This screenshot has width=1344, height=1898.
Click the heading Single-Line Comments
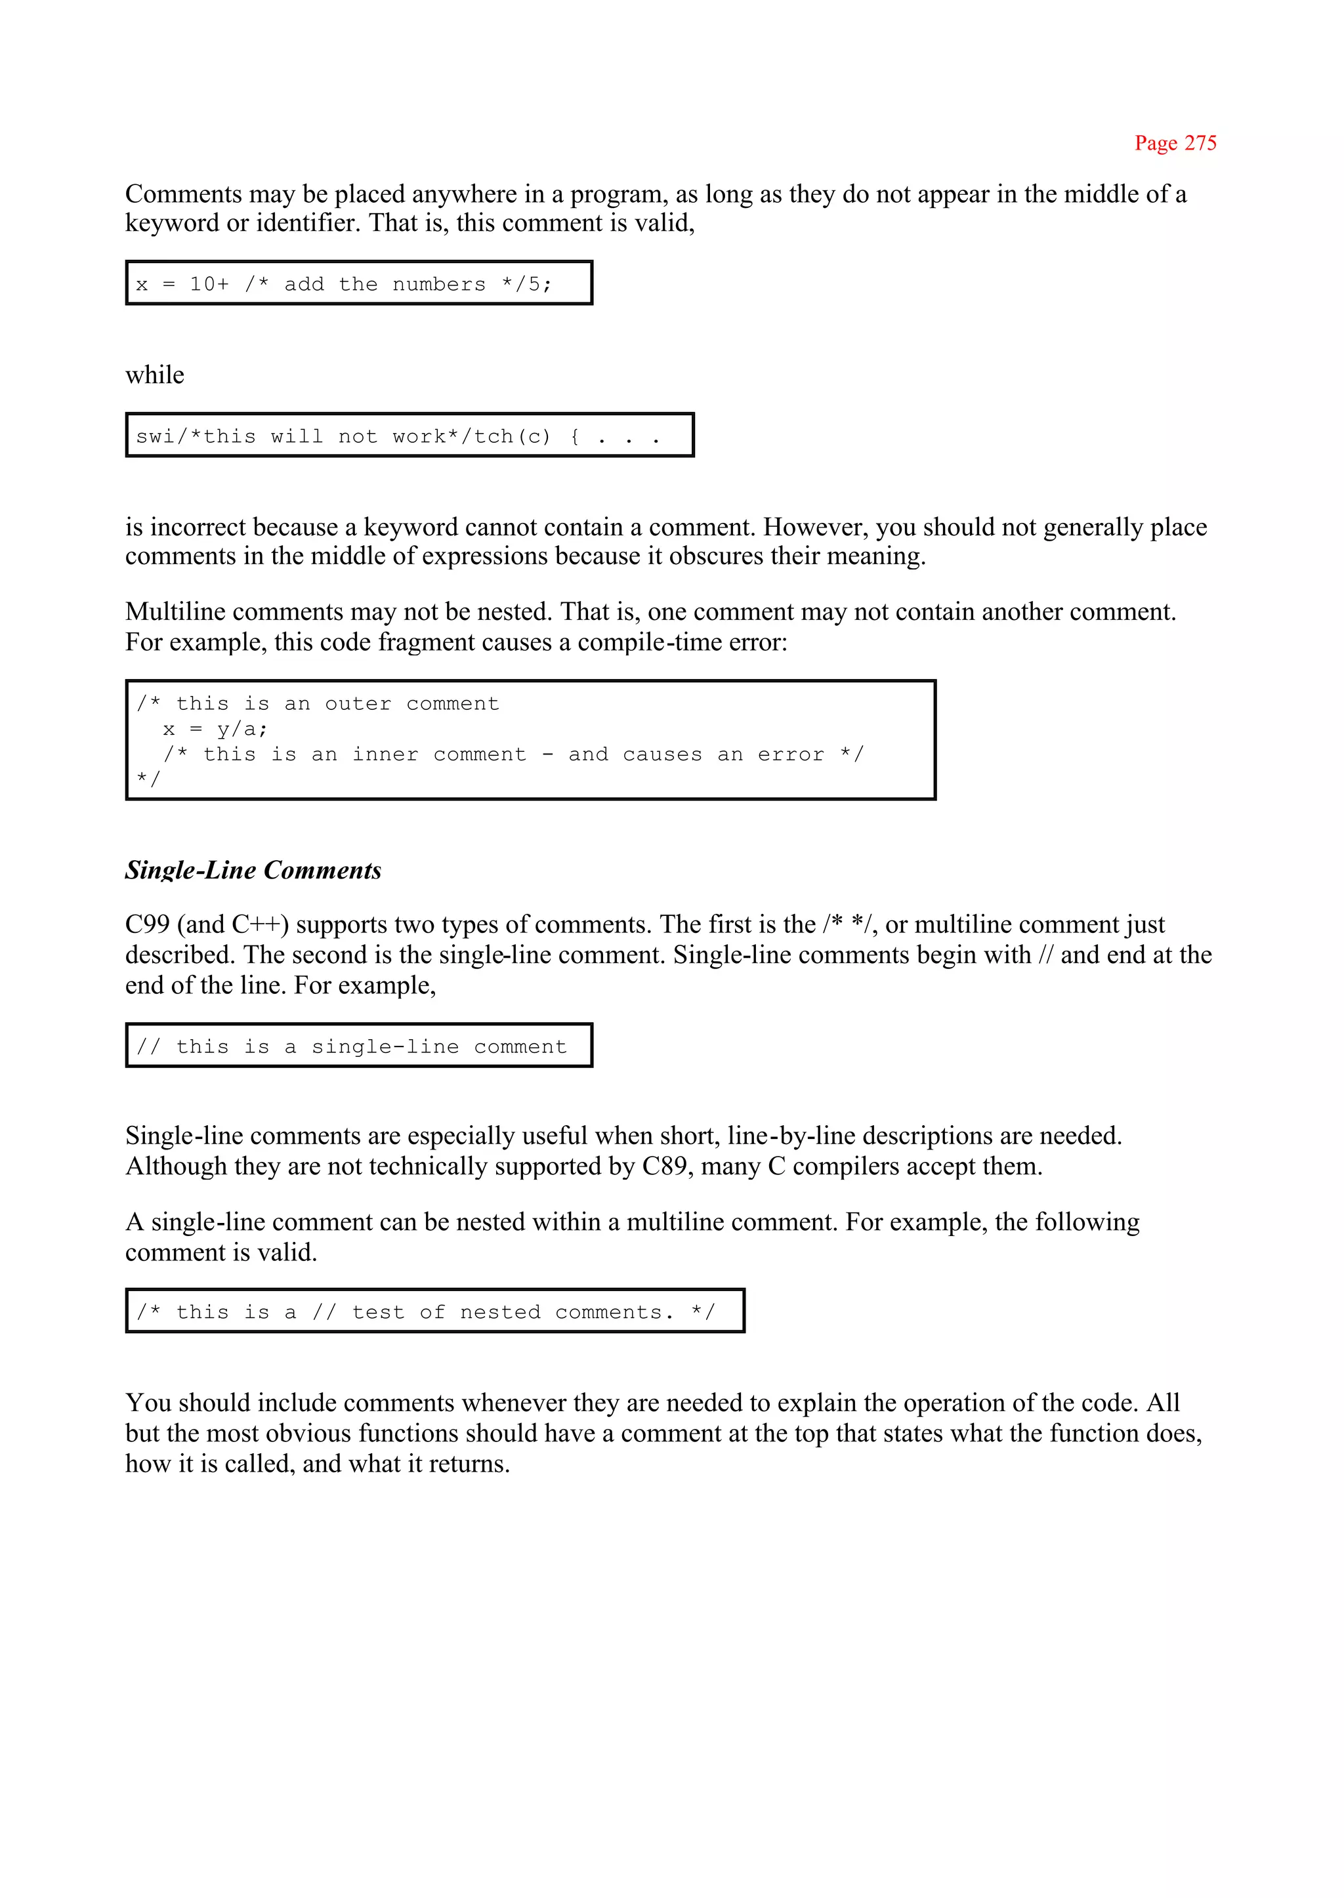tap(253, 871)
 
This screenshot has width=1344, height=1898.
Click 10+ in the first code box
tap(209, 285)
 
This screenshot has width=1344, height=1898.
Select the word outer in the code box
tap(358, 704)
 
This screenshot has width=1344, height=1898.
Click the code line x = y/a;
tap(215, 730)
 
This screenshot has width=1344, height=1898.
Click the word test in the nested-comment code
tap(378, 1312)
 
